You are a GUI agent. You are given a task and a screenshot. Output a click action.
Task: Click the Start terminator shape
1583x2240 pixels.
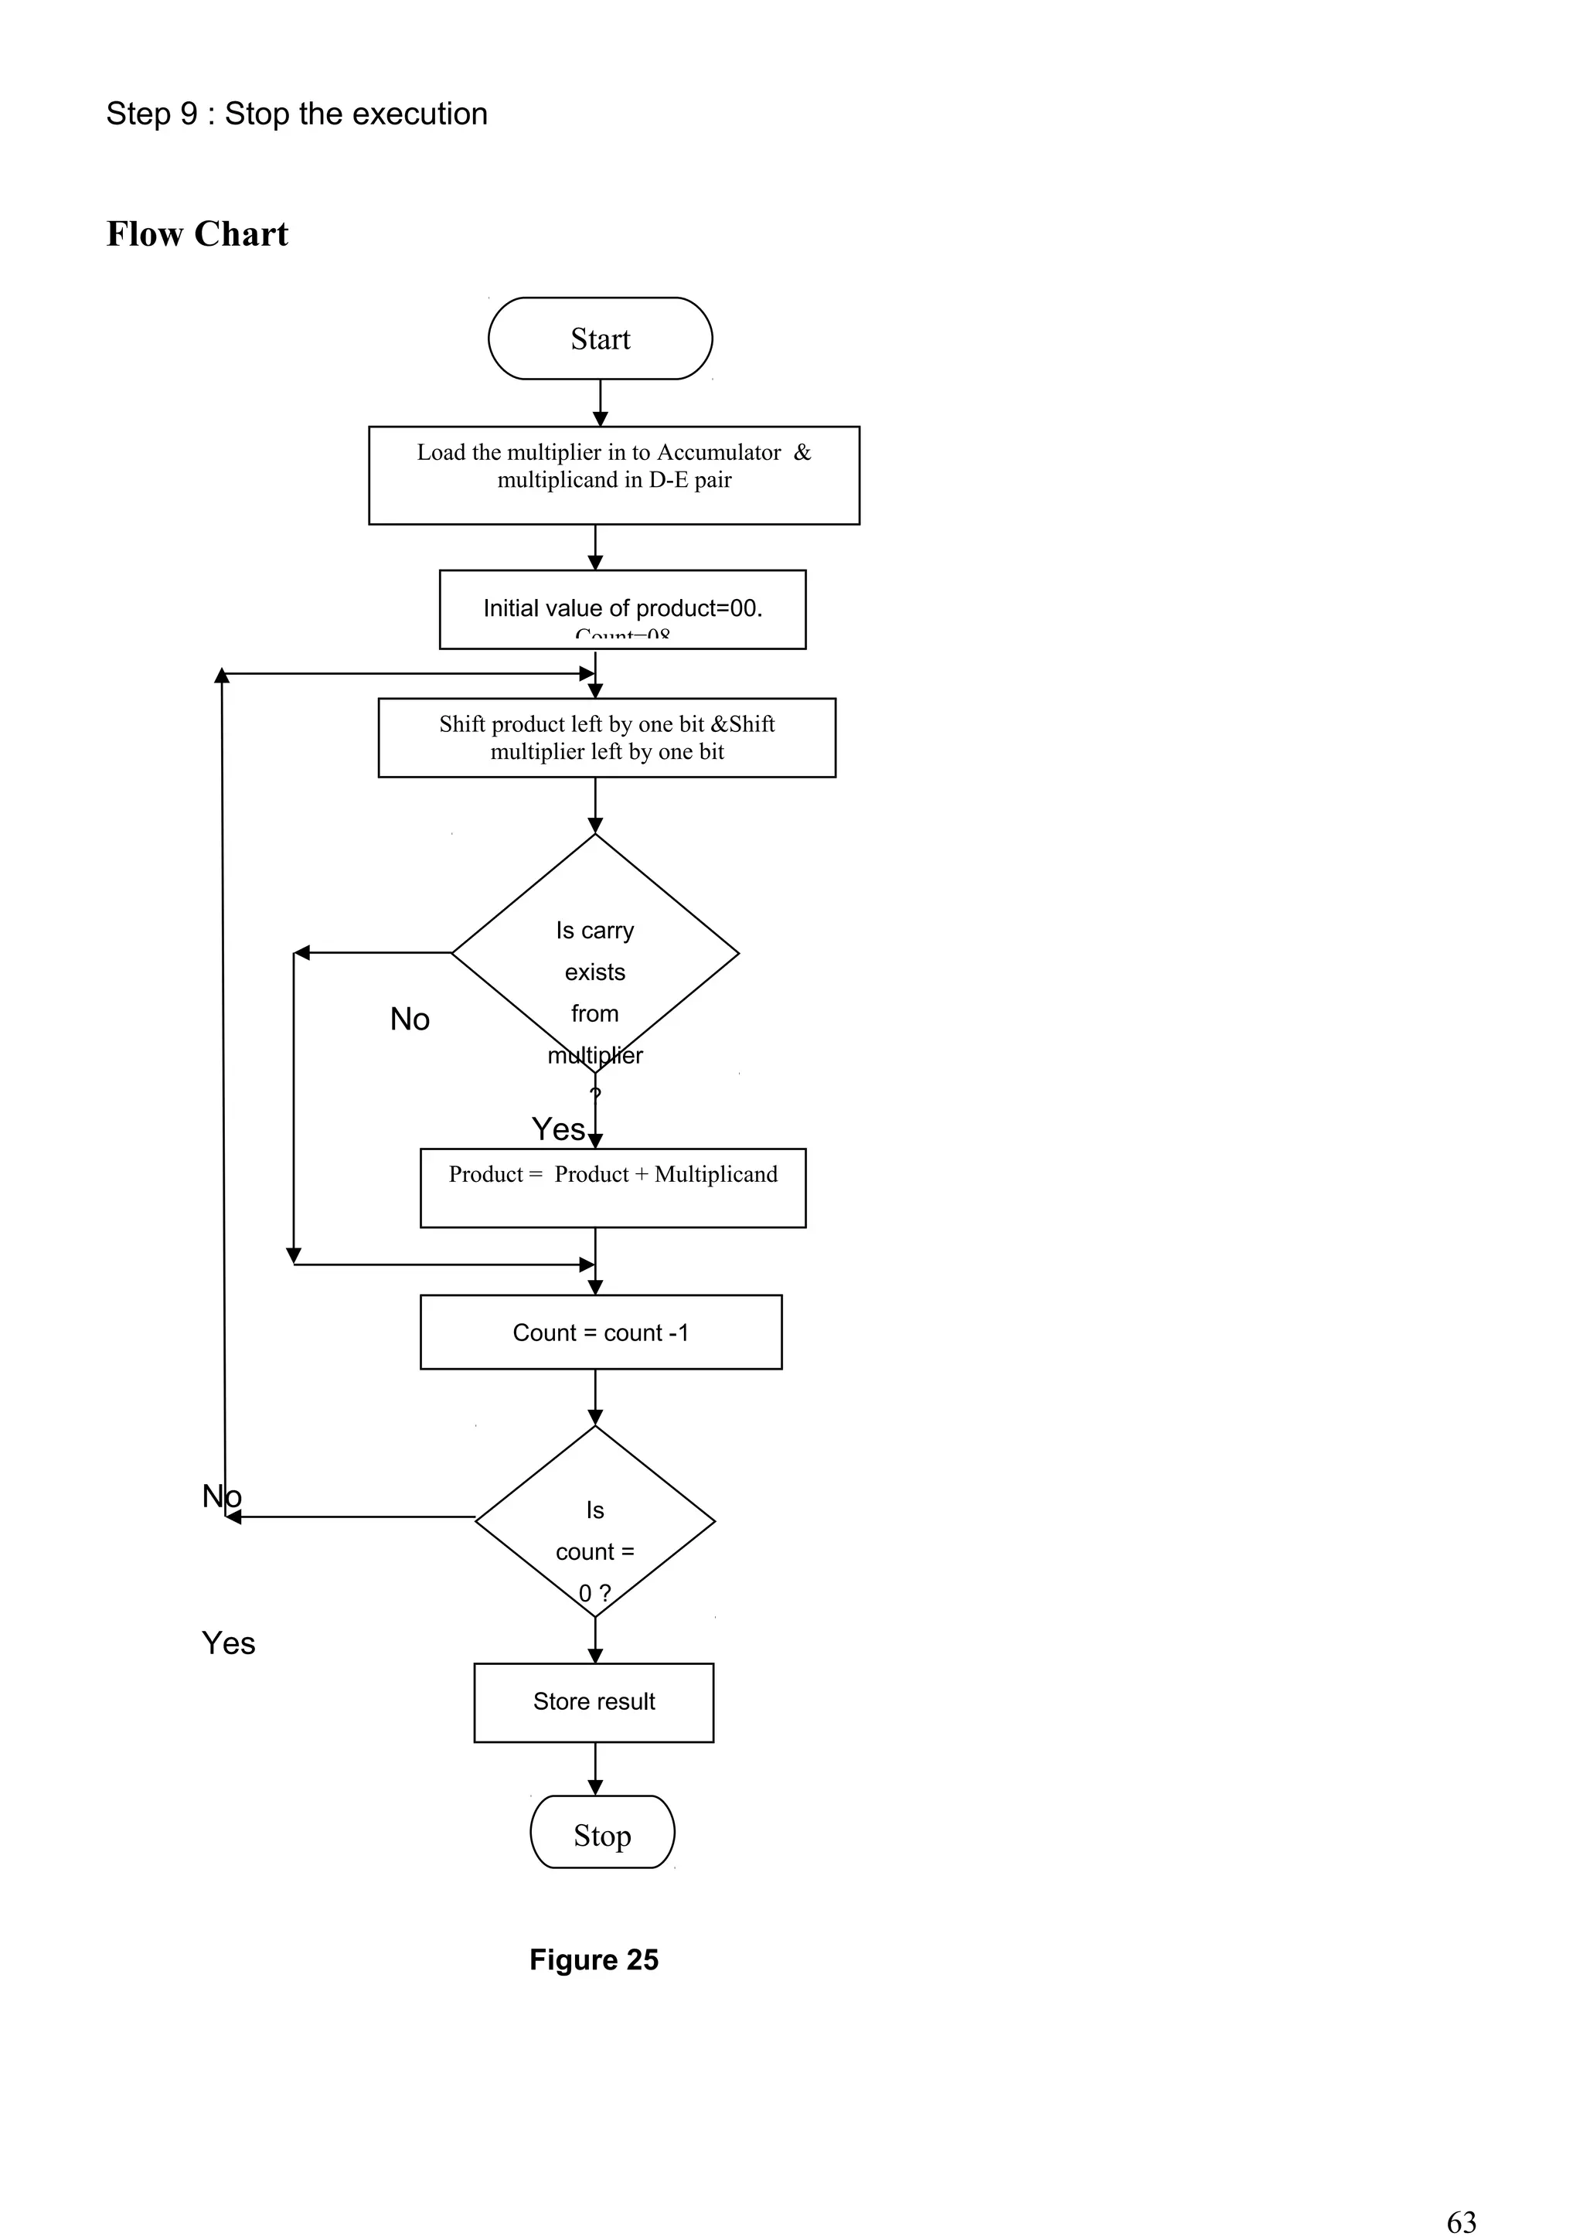coord(600,339)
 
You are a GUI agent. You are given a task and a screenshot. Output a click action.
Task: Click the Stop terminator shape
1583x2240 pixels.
coord(602,1835)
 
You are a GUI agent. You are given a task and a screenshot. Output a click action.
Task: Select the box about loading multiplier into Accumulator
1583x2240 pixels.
coord(614,475)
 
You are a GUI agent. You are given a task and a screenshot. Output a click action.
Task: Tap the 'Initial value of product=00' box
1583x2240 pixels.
coord(622,609)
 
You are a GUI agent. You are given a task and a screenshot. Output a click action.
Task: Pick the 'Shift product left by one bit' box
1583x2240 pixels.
coord(607,737)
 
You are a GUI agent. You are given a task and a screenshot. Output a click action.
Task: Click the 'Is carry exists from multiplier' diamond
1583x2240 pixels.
coord(595,952)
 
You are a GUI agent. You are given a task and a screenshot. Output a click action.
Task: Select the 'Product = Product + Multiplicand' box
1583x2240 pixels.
coord(612,1187)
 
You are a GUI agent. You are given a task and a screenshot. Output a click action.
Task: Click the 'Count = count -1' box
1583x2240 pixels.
coord(601,1332)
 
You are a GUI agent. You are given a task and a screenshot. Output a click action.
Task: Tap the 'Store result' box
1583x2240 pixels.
coord(594,1701)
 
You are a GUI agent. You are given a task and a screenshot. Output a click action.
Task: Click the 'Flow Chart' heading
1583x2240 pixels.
coord(197,234)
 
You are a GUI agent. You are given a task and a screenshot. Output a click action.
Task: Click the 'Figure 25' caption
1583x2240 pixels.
coord(594,1960)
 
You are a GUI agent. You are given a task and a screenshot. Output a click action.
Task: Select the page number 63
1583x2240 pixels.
coord(1461,2221)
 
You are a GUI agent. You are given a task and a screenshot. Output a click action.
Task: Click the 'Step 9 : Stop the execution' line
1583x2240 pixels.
coord(297,114)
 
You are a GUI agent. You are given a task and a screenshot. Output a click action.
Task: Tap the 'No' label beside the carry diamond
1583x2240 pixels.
coord(410,1019)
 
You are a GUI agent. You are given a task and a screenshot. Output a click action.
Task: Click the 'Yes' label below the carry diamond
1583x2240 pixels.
coord(558,1129)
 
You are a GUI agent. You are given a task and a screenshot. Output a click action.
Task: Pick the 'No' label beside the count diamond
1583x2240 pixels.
coord(221,1496)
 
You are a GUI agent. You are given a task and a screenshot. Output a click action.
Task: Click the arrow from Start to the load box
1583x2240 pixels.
coord(600,402)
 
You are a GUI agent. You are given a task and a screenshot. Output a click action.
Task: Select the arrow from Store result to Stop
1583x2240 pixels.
coord(595,1768)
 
